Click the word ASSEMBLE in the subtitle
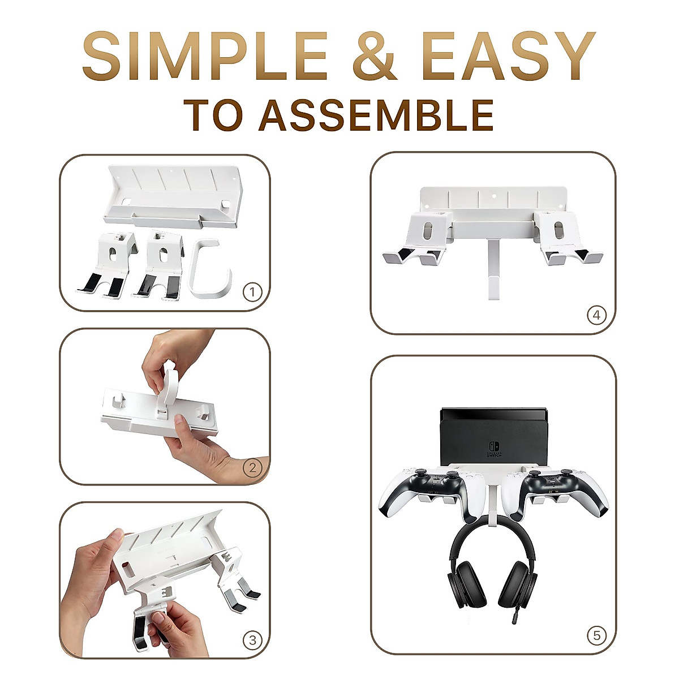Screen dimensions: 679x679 coord(376,116)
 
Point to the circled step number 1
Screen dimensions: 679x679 coord(252,292)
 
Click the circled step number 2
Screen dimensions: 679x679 coord(252,468)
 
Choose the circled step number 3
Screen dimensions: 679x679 coord(252,640)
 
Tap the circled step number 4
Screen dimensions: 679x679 coord(596,315)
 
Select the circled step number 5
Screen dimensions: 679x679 coord(596,635)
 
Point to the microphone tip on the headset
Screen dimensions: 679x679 coord(513,620)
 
